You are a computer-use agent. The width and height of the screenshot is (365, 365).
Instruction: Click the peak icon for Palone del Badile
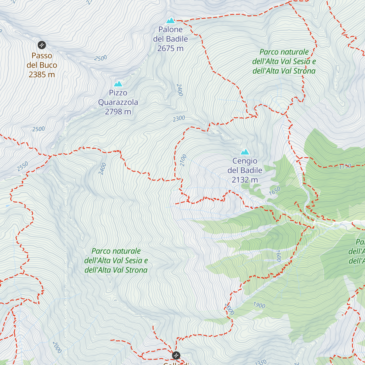pos(170,21)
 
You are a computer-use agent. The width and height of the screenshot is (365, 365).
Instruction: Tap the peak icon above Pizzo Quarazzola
pos(118,84)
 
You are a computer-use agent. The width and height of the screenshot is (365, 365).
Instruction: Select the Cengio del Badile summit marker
pos(245,152)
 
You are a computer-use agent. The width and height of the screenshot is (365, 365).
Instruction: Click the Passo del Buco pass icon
pos(42,45)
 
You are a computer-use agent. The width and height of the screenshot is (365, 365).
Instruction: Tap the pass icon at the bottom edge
pos(176,355)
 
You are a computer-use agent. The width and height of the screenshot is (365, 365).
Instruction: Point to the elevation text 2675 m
pos(170,48)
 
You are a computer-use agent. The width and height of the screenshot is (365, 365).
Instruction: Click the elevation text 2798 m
pos(118,112)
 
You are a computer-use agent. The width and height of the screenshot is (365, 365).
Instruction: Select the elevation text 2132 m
pos(245,180)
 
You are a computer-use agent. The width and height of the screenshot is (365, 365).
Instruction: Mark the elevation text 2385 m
pos(42,75)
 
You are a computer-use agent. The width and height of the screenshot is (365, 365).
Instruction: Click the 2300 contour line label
pos(179,119)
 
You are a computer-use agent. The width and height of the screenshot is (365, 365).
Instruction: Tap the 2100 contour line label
pos(183,160)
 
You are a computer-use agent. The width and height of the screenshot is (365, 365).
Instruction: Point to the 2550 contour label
pos(23,166)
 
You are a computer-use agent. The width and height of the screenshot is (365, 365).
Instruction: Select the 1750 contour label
pos(345,166)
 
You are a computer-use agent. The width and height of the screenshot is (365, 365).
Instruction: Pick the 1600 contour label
pos(278,256)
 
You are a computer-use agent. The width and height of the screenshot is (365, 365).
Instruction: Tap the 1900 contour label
pos(259,305)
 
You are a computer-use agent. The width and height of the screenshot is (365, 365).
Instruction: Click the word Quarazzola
pos(118,102)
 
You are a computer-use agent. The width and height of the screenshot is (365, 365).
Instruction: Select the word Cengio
pos(245,161)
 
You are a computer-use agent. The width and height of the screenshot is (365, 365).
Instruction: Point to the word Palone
pos(170,30)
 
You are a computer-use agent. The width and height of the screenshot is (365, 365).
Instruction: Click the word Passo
pos(42,56)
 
